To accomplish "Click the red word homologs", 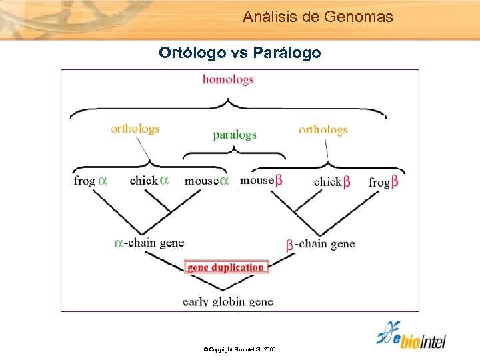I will click(x=228, y=79).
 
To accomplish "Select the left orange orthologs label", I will click(x=135, y=129).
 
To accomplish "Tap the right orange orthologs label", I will click(x=323, y=129).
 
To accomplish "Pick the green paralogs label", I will click(x=234, y=135).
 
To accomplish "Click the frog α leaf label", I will click(x=90, y=181).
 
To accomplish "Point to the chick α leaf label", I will click(x=149, y=181).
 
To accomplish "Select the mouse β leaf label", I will click(x=261, y=180).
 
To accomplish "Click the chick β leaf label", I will click(x=332, y=181).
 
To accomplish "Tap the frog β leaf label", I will click(x=384, y=181).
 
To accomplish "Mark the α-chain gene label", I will click(x=149, y=243).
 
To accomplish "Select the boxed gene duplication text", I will click(x=226, y=267).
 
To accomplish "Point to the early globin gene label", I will click(x=228, y=301).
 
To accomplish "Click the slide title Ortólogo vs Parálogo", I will click(x=239, y=52).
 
